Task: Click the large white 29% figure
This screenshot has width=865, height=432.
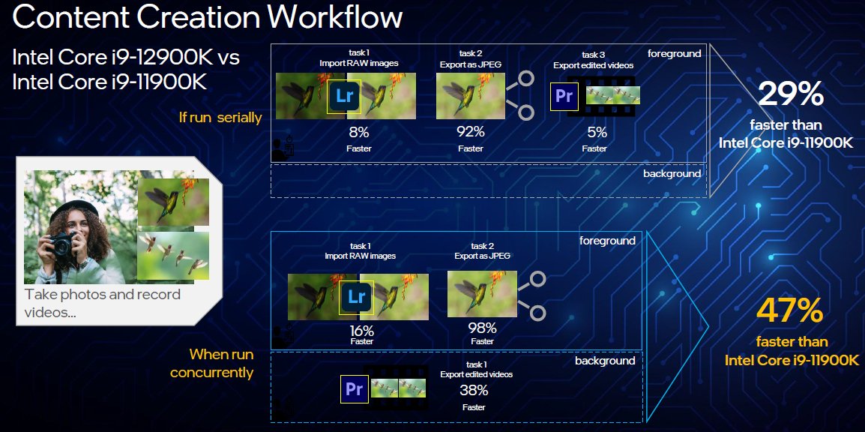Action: (x=791, y=94)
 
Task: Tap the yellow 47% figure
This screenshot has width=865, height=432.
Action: (x=790, y=310)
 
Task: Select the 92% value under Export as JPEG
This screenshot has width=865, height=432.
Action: (x=471, y=133)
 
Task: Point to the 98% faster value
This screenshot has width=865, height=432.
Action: (x=482, y=328)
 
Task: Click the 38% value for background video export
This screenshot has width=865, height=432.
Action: (x=474, y=391)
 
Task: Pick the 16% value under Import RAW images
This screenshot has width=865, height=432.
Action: (x=362, y=331)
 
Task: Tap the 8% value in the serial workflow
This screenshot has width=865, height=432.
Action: (x=359, y=133)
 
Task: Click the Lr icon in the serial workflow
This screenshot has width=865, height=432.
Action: (x=344, y=96)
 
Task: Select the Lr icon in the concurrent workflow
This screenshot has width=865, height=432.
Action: (x=357, y=298)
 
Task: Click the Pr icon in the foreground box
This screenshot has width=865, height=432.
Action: (x=564, y=97)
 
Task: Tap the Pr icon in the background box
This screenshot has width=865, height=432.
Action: (x=354, y=389)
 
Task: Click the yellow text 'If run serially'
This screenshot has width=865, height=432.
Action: (x=220, y=118)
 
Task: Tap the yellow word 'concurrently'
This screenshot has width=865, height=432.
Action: (x=212, y=373)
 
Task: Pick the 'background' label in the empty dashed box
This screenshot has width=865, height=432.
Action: (x=672, y=173)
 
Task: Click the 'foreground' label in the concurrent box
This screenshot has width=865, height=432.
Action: (x=607, y=241)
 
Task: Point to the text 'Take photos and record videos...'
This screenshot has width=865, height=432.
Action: (x=103, y=303)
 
